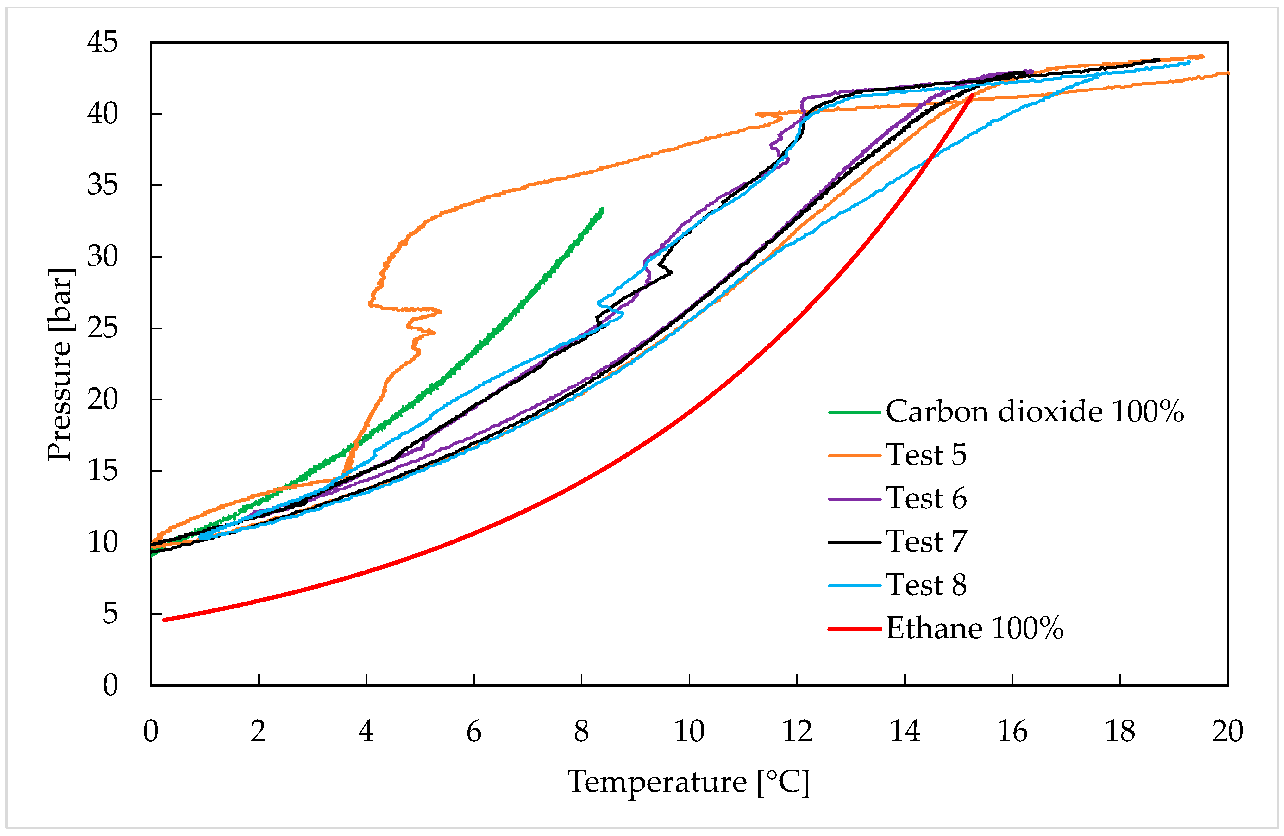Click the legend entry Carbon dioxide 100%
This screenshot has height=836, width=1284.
pos(1034,412)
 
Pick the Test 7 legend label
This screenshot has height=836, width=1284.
pos(926,541)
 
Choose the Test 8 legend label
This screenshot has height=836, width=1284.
pos(926,585)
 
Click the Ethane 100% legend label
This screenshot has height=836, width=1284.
pos(974,628)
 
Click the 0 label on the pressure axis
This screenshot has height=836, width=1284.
pos(110,685)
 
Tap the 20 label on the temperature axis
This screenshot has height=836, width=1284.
pos(1227,732)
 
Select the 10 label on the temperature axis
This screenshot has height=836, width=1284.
pos(689,732)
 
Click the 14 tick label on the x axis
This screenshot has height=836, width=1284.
pos(904,732)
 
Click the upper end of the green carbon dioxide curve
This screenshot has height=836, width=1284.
pos(603,209)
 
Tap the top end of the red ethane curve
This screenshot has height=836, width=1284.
pos(972,95)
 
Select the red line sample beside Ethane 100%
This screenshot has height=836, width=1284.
pos(855,629)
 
